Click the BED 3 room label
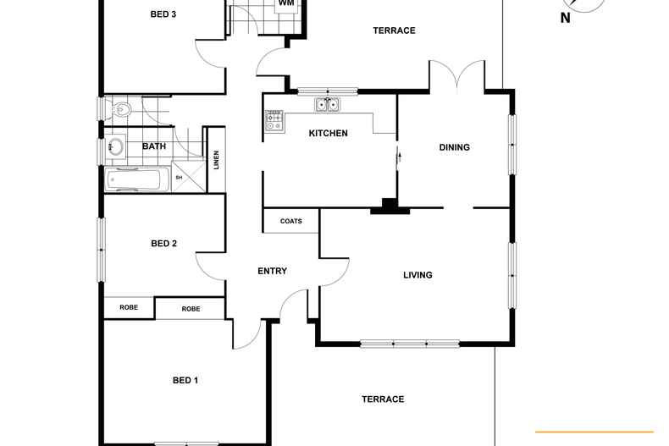click(162, 14)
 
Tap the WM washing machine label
click(285, 3)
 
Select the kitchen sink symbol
click(327, 105)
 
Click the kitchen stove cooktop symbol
click(274, 121)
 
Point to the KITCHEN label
click(328, 133)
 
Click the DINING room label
click(454, 147)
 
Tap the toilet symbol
click(122, 109)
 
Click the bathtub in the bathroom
click(135, 179)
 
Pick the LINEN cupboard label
click(216, 159)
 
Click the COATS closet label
click(290, 221)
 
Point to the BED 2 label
click(163, 244)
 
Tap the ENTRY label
click(272, 272)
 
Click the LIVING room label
click(417, 275)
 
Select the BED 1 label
click(185, 381)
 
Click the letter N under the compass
click(566, 18)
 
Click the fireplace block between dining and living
click(389, 204)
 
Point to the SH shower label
click(179, 178)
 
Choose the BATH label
click(154, 146)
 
